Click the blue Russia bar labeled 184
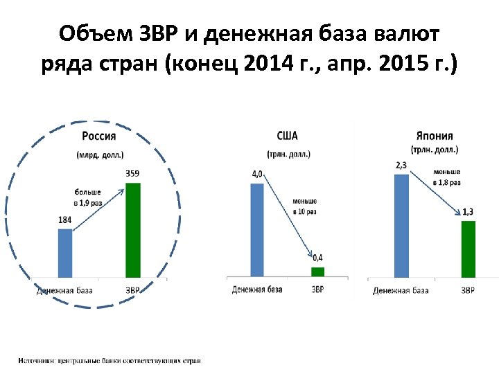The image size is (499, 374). click(64, 253)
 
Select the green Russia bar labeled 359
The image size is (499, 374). click(132, 230)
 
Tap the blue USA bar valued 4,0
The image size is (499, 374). click(257, 229)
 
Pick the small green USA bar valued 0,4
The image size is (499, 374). click(317, 271)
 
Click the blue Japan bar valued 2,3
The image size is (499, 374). click(401, 225)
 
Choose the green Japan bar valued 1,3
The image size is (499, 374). click(468, 249)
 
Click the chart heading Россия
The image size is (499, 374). click(98, 136)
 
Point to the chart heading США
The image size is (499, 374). click(287, 136)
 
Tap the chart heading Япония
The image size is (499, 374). click(435, 136)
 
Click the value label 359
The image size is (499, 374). click(132, 173)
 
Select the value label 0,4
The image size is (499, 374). click(317, 258)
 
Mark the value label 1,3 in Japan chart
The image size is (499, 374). click(468, 211)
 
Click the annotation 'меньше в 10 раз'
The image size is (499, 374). click(304, 206)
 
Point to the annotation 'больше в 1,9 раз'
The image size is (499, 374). click(88, 197)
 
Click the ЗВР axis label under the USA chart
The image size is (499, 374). click(317, 290)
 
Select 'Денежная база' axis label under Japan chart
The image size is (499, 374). click(401, 290)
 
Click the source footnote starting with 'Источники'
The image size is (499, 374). click(110, 360)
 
